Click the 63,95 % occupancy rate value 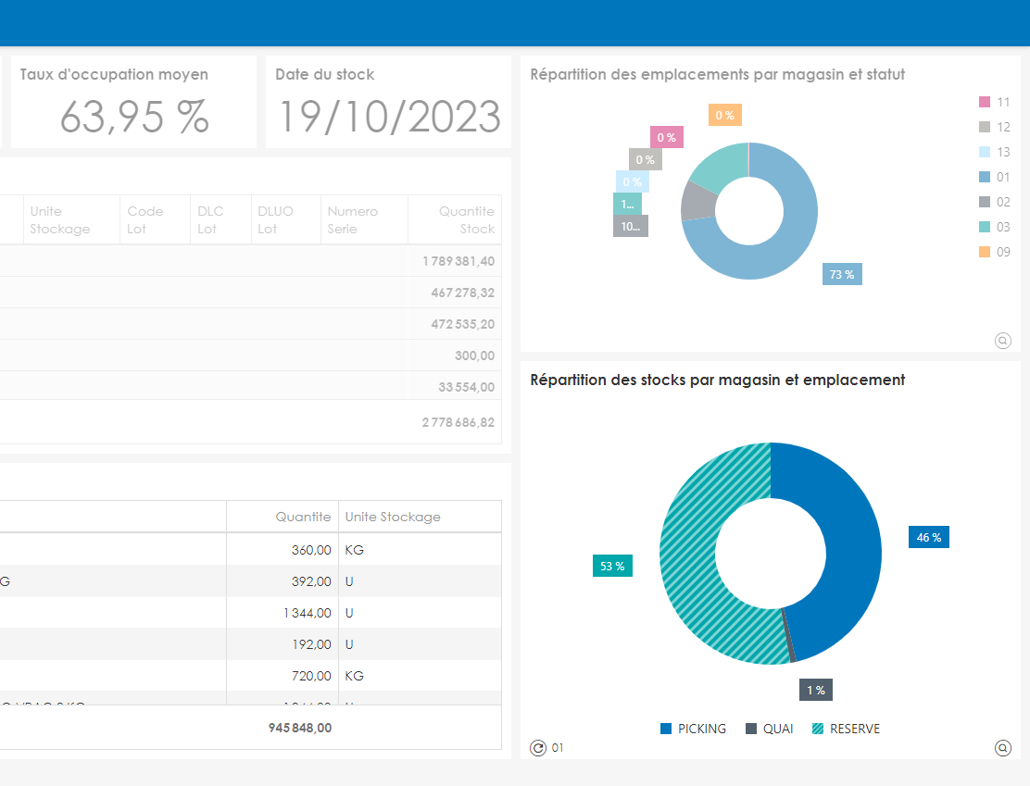(x=134, y=117)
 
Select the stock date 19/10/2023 (x=390, y=117)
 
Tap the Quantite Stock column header (x=467, y=220)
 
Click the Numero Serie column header (x=353, y=220)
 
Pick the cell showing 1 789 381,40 (x=458, y=261)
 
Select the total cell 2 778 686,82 (x=458, y=422)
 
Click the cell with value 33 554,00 (x=467, y=387)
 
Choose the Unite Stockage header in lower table (x=393, y=517)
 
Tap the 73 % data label (x=842, y=274)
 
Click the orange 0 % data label (x=724, y=115)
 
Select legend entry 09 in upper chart (x=995, y=252)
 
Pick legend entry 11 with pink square (x=995, y=102)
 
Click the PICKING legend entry (x=693, y=729)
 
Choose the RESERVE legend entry (x=846, y=729)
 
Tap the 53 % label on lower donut (x=612, y=566)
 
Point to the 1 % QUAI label (x=816, y=690)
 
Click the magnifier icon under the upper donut (x=1002, y=341)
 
